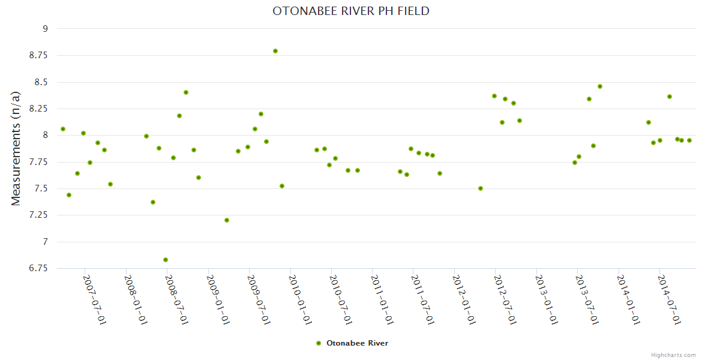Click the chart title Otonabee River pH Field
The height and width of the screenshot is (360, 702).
coord(351,11)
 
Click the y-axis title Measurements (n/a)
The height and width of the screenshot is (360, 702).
coord(16,148)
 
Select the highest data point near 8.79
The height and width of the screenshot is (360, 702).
coord(275,51)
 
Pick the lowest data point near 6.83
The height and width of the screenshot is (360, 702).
coord(166,260)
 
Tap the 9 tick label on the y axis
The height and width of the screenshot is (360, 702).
coord(44,29)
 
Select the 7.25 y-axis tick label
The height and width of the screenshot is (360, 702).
coord(39,215)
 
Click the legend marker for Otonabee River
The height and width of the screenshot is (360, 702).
coord(319,343)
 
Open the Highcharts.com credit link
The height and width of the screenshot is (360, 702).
coord(673,355)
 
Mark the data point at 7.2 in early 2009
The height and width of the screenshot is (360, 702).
coord(227,220)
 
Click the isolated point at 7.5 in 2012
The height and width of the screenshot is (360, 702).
coord(481,188)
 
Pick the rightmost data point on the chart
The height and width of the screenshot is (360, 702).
coord(689,140)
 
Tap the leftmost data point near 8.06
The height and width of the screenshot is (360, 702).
coord(63,129)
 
